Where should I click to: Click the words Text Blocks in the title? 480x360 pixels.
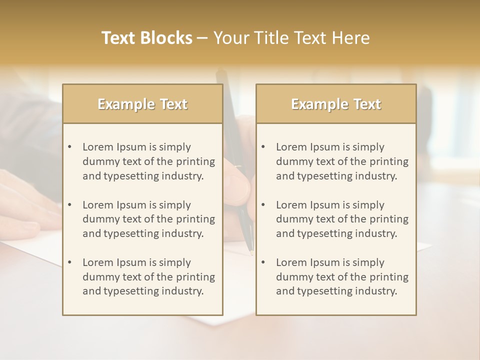tap(147, 38)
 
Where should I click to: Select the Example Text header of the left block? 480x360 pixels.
tap(142, 104)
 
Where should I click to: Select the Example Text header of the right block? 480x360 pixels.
tap(336, 104)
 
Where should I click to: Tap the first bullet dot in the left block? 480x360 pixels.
tap(69, 147)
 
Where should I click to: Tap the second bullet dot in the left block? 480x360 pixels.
tap(69, 205)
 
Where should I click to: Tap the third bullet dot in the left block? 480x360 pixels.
tap(69, 262)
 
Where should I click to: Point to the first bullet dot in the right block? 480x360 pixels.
tap(263, 147)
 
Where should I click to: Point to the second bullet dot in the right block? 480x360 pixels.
tap(263, 205)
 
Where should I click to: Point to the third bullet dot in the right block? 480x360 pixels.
tap(263, 262)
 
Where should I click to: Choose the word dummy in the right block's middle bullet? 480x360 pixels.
tap(292, 219)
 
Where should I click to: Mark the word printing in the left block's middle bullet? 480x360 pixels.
tap(195, 219)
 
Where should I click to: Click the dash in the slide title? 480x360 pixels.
tap(202, 38)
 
